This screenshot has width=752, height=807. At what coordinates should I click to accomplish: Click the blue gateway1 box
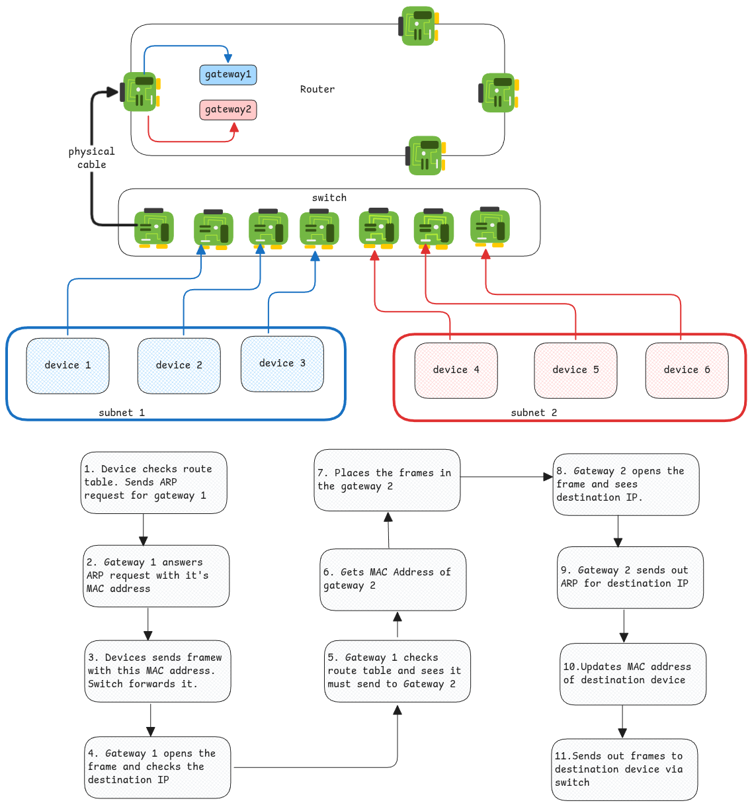[x=228, y=75]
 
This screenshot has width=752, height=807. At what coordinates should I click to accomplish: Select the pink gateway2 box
[x=228, y=110]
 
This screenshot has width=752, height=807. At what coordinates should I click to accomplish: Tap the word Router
[x=317, y=89]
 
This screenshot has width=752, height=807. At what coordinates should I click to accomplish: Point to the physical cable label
[x=91, y=158]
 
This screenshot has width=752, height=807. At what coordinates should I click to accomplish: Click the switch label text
[x=329, y=198]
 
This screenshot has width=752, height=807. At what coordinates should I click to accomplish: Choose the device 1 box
[x=67, y=366]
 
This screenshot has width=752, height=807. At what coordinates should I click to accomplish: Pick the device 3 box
[x=282, y=364]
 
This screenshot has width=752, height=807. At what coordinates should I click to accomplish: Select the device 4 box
[x=456, y=370]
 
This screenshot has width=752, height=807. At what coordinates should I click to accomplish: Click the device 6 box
[x=687, y=370]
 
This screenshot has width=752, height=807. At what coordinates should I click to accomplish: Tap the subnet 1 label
[x=122, y=413]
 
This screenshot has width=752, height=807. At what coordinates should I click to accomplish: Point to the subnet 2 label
[x=534, y=413]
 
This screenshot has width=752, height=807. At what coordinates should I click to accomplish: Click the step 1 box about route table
[x=153, y=483]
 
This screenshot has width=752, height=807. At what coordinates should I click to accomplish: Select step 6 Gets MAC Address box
[x=393, y=579]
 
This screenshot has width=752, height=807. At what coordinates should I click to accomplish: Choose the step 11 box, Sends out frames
[x=624, y=769]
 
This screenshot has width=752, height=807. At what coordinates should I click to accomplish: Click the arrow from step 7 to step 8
[x=506, y=476]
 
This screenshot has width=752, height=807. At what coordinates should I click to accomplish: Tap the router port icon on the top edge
[x=418, y=26]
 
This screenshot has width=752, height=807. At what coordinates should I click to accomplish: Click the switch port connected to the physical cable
[x=153, y=228]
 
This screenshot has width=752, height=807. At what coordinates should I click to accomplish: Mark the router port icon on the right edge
[x=499, y=93]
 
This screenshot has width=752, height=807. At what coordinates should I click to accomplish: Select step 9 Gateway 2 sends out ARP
[x=630, y=577]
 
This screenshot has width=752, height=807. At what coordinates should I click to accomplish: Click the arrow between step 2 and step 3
[x=148, y=623]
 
